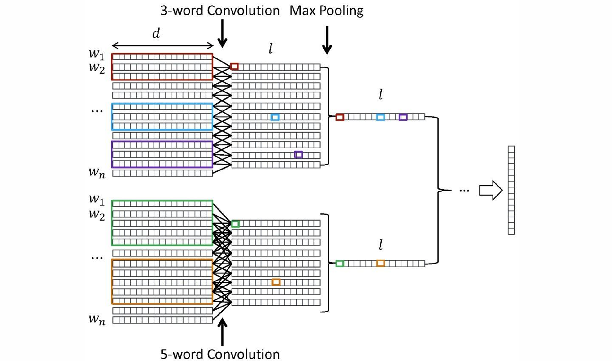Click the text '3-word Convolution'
click(x=220, y=11)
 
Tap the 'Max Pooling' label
click(x=326, y=11)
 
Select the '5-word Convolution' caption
click(x=220, y=354)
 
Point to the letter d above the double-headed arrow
click(x=156, y=33)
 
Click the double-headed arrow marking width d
click(x=163, y=46)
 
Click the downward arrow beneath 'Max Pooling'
click(x=327, y=40)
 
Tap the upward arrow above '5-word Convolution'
click(x=222, y=332)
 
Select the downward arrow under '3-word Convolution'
click(x=222, y=33)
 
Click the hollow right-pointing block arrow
click(x=491, y=190)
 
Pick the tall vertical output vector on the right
click(x=511, y=190)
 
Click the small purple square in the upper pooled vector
click(x=403, y=117)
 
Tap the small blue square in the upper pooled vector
click(x=380, y=117)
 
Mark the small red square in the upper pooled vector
click(x=340, y=117)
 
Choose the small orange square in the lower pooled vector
click(x=380, y=263)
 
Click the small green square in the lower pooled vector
click(x=340, y=264)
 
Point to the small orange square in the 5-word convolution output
click(x=276, y=282)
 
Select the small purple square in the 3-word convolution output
click(x=298, y=154)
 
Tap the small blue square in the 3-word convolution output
click(x=275, y=117)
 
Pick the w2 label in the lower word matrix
click(x=97, y=214)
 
